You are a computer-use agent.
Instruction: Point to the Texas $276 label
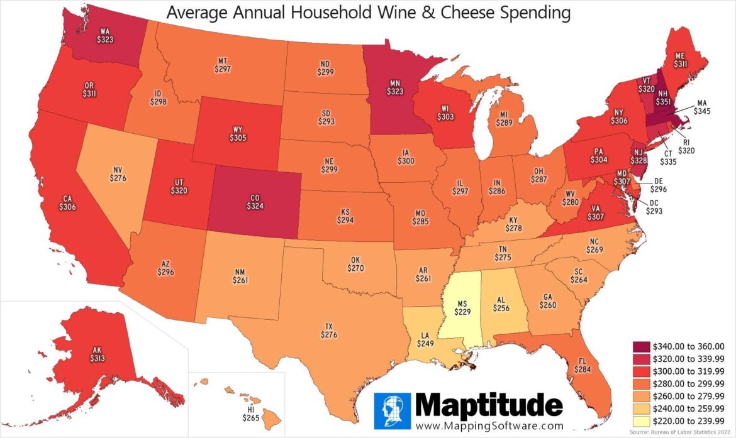click(328, 331)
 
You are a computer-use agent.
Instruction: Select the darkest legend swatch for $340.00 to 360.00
click(642, 346)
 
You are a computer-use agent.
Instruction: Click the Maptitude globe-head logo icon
click(392, 412)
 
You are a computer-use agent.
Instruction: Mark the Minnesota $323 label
click(395, 87)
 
